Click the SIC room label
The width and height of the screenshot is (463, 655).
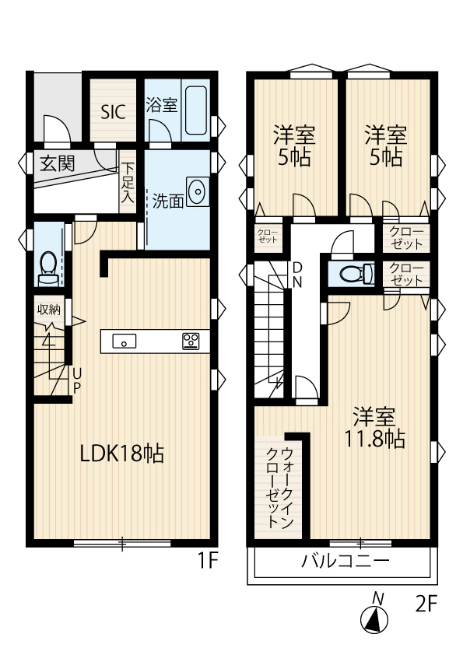tap(114, 112)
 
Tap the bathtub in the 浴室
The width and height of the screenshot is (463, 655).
tap(195, 110)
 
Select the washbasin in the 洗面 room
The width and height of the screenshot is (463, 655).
tap(197, 191)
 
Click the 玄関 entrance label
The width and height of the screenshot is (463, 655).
tap(58, 163)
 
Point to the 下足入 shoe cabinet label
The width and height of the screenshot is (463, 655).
tap(128, 183)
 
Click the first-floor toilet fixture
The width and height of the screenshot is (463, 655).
tap(48, 268)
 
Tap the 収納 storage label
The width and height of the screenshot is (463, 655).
tap(49, 310)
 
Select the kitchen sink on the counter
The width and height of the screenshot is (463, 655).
tap(124, 341)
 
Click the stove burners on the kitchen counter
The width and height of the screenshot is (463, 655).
tap(191, 341)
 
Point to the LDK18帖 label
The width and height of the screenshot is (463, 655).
tap(122, 454)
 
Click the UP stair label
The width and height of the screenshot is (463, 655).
tap(77, 380)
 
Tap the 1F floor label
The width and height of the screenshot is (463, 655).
tap(207, 561)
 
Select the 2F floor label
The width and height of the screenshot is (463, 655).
tap(426, 604)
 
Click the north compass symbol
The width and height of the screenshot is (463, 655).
tap(375, 613)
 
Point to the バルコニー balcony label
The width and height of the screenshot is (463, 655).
tap(345, 561)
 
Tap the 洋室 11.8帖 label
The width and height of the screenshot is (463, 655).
tap(374, 427)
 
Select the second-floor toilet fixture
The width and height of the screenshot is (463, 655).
tap(356, 274)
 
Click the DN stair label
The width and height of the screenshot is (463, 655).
tap(297, 275)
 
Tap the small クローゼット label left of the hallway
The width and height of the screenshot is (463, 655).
tap(268, 236)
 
